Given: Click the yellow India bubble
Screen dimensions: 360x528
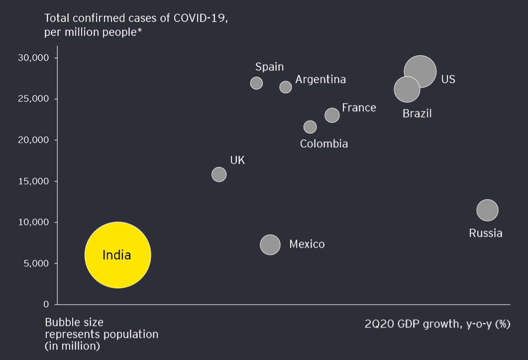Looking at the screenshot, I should [x=117, y=255].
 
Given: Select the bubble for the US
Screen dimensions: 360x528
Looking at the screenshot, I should [x=420, y=72].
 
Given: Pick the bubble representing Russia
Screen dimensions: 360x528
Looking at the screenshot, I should [x=487, y=210].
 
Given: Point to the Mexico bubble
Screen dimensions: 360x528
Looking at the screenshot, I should [x=270, y=244].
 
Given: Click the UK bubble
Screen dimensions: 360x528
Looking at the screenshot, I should [x=219, y=174].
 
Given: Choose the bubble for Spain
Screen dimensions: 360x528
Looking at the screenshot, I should [x=256, y=83].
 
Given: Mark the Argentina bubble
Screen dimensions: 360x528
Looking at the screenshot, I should [x=286, y=87].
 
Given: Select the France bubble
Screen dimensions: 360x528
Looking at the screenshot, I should [x=332, y=116].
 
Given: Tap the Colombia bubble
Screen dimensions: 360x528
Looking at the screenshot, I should [x=310, y=127].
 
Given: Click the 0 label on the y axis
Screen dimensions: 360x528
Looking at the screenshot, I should [x=46, y=304].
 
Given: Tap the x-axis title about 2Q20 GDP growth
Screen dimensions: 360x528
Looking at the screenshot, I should [x=437, y=324].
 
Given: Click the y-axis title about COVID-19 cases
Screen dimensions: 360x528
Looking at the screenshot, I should [x=136, y=25].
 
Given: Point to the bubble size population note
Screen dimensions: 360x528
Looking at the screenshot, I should [x=102, y=334].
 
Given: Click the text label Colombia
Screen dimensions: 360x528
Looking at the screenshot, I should [x=324, y=144].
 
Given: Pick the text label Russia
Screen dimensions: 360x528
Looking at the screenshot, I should [x=486, y=233].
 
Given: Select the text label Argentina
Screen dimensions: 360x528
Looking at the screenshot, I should [x=320, y=80].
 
